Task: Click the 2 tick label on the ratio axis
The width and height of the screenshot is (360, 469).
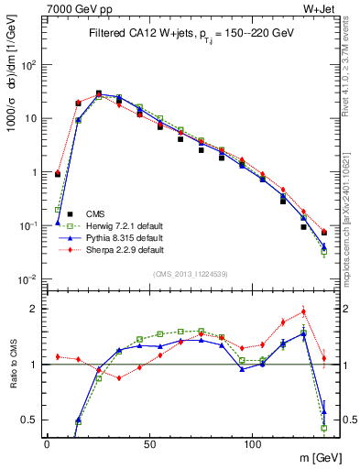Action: point(34,309)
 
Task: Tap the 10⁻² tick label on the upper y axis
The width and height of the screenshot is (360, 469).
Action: point(28,278)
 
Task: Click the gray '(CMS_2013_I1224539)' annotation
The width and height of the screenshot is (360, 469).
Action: point(191,274)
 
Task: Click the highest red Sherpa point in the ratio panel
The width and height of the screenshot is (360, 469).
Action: point(303,311)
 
